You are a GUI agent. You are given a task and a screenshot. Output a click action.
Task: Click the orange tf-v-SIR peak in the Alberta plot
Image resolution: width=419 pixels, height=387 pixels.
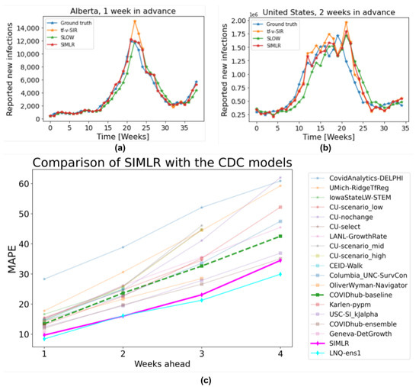pos(135,21)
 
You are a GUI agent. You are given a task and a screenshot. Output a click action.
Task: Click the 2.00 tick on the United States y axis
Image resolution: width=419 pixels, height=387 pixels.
pos(239,21)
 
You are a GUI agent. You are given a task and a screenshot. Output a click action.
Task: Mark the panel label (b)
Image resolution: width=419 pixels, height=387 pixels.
pos(320,145)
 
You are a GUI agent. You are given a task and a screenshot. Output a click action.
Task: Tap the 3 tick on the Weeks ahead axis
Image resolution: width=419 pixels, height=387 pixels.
pos(202,356)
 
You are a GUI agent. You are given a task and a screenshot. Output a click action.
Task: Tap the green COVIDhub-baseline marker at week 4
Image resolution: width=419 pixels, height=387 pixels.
pos(281,236)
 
